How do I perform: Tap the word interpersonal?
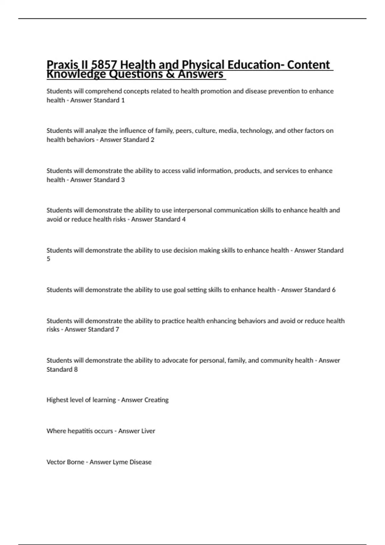[193, 210]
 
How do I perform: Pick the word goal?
[180, 290]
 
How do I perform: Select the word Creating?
[156, 400]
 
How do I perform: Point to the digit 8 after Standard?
[76, 369]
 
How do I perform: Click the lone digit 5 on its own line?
[48, 259]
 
